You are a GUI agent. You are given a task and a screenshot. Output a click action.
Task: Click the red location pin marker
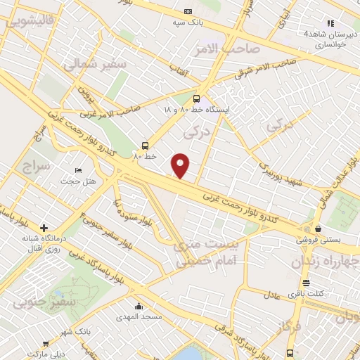(x=181, y=165)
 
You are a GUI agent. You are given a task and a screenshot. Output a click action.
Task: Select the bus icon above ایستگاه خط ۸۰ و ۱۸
(x=196, y=99)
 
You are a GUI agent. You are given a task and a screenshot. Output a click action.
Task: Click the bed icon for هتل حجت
(x=79, y=171)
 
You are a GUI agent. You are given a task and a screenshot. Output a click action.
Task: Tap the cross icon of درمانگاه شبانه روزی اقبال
(x=44, y=229)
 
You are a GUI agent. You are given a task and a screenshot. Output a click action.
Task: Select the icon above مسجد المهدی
(x=139, y=307)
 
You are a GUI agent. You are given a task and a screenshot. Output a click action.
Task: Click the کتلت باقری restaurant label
(x=330, y=292)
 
